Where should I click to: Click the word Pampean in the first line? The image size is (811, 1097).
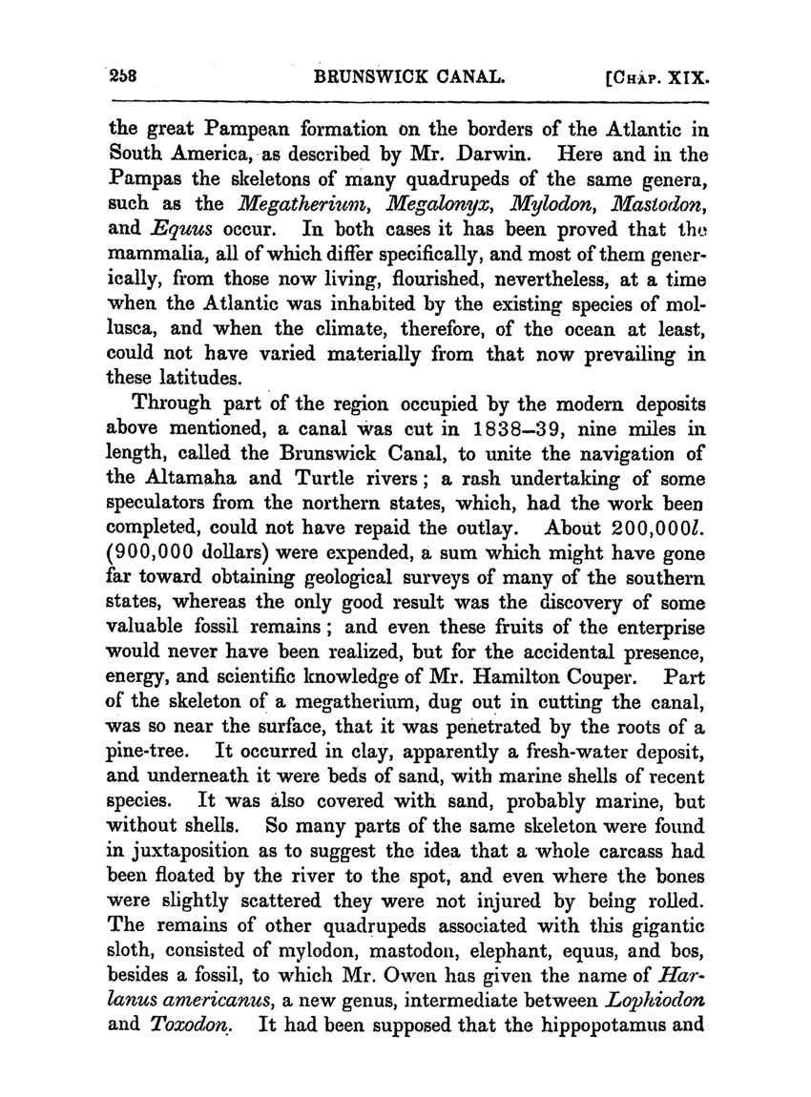[239, 131]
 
